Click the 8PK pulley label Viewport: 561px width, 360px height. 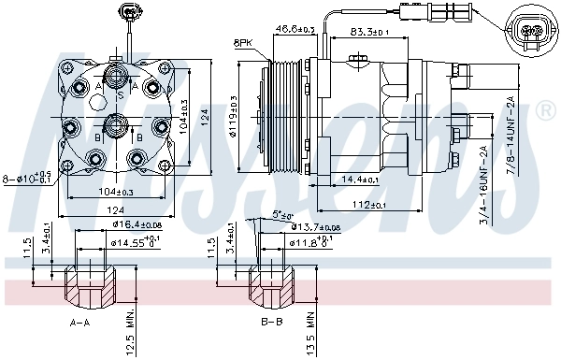click(243, 43)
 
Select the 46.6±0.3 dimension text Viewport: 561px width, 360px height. click(295, 30)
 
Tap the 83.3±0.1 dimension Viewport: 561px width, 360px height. click(369, 33)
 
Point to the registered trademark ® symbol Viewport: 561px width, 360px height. click(547, 110)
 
